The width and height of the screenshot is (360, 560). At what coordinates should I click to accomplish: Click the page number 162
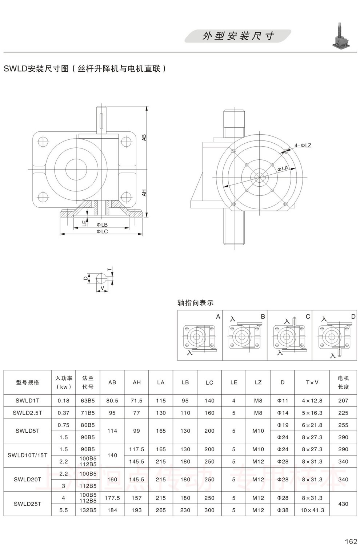351,541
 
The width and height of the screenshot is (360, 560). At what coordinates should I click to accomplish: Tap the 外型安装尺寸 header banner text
238,36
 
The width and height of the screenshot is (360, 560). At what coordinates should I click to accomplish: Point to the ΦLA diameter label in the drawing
283,168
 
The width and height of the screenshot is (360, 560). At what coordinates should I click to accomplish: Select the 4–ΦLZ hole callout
303,146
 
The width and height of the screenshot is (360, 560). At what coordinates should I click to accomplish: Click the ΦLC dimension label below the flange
102,231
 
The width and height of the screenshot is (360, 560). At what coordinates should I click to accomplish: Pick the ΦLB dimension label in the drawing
102,225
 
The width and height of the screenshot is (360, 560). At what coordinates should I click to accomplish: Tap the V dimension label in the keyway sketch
102,288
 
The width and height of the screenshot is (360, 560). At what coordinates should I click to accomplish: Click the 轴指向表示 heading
195,303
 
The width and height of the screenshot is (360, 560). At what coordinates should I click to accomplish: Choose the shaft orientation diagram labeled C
289,336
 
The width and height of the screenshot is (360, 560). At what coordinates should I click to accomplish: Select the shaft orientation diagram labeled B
244,336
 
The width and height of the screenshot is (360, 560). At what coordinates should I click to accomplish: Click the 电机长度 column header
343,382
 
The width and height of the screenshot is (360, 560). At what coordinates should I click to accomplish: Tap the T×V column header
312,382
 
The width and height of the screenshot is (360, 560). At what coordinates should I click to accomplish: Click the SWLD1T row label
27,401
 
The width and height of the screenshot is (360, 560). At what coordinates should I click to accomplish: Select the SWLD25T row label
27,504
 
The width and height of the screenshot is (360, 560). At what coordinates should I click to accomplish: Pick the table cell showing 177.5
112,498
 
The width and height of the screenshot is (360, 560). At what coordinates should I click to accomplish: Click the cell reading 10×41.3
312,510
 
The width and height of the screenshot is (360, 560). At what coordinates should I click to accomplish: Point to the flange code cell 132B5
88,510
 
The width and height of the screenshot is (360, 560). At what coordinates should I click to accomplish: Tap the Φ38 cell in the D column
283,510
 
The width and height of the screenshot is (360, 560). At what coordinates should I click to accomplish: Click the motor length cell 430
343,504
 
